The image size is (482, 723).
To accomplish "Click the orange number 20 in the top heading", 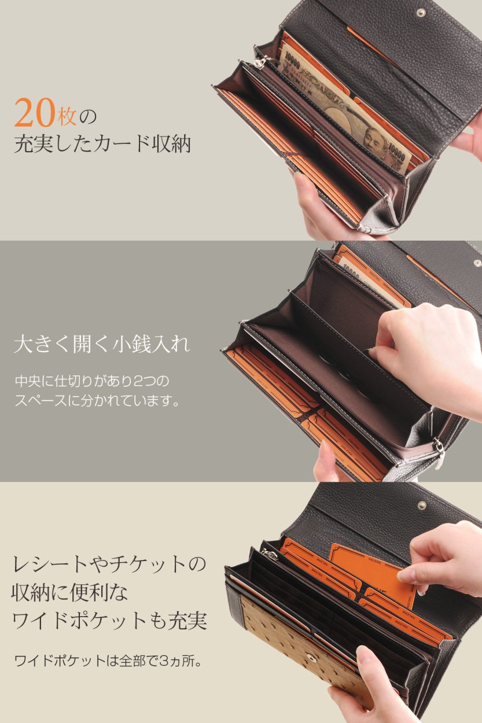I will pos(35,112).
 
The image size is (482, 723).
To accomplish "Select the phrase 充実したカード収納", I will pos(102,143).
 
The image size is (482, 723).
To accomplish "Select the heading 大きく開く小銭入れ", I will pos(101,346).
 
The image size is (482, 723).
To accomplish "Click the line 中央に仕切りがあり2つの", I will pos(91,382).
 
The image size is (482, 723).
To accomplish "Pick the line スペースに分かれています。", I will pos(97,400).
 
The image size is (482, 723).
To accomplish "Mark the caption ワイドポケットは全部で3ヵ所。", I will pos(108,660).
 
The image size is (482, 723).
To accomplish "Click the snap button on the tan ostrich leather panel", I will pos(313,658).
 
